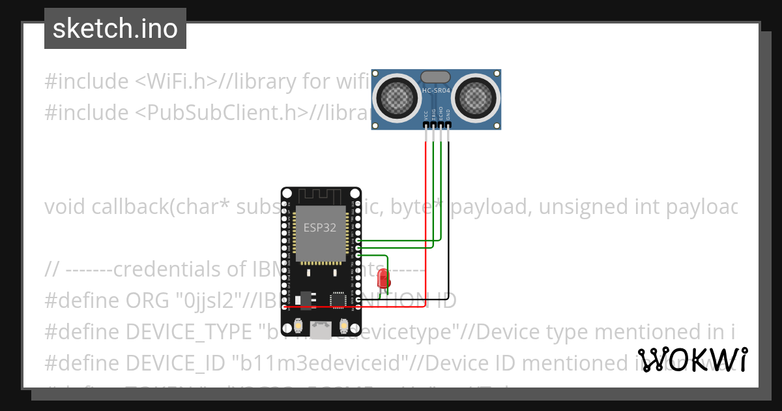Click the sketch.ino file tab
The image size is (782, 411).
point(115,29)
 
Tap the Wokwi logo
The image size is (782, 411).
point(693,360)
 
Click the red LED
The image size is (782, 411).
point(383,279)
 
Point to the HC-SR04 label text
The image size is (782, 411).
point(436,91)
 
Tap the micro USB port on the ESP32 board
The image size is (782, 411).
point(320,329)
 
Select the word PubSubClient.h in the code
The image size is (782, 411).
point(222,113)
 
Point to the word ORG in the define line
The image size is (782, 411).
point(143,301)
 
